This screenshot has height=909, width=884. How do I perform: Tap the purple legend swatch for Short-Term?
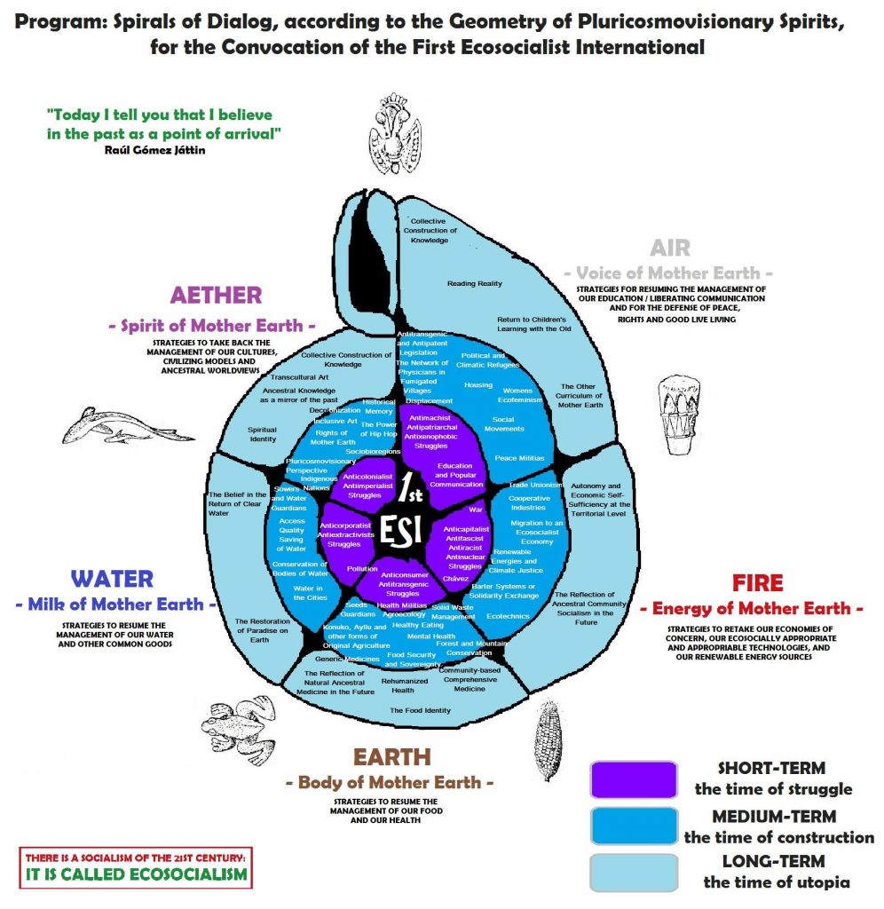tap(632, 779)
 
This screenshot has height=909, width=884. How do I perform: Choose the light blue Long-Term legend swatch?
tap(632, 872)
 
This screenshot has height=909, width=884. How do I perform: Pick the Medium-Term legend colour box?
tap(632, 826)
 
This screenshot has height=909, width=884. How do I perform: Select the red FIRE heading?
tap(757, 583)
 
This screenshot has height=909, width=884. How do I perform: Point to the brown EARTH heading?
tap(391, 757)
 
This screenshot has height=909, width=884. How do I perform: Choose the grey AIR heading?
tap(669, 247)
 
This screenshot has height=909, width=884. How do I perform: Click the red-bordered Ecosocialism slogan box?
tap(136, 867)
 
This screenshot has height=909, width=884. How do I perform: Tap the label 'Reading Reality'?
tap(474, 284)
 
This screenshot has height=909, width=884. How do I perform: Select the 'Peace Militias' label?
tap(519, 458)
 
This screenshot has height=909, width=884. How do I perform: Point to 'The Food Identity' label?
tap(420, 710)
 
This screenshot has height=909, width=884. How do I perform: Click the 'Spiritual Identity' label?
tap(263, 434)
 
